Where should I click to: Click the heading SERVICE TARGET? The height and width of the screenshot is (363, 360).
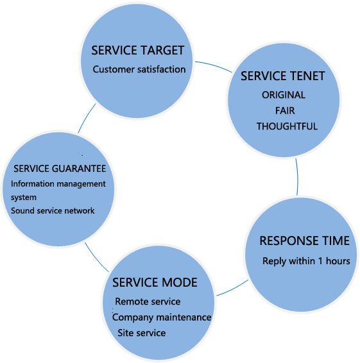point(137,50)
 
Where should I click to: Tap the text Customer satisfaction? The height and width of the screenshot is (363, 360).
point(139,69)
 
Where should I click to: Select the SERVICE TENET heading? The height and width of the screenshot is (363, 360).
point(282,76)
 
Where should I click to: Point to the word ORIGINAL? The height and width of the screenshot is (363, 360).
point(284,95)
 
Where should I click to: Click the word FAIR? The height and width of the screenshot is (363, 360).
point(285,111)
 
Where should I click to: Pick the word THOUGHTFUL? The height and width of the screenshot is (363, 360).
point(287,126)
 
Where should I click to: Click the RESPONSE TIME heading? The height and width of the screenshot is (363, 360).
point(304,241)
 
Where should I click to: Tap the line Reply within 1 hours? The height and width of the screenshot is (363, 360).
point(306,261)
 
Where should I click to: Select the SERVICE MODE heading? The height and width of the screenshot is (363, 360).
point(155,282)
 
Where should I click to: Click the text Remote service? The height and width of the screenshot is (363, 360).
point(148,301)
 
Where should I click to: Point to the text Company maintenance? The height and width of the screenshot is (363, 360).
point(162,317)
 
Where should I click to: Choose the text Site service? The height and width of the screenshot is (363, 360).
point(142,333)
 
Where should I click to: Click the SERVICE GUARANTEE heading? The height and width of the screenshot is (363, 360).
point(60,168)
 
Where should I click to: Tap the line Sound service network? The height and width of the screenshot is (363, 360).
point(53,210)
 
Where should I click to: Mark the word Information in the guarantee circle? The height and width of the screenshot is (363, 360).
point(33,184)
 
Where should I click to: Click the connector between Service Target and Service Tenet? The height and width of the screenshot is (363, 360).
point(214,65)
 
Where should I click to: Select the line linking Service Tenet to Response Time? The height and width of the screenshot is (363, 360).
point(298,177)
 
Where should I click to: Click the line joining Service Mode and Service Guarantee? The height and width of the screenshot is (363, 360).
point(96,258)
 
